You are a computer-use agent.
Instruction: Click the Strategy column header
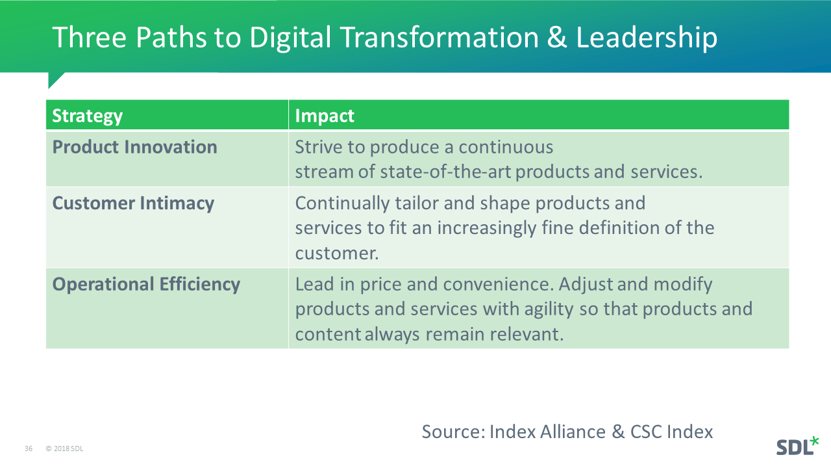(87, 116)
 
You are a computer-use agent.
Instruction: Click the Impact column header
(325, 116)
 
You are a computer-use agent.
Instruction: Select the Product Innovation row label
(134, 147)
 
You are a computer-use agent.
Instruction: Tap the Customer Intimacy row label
(133, 203)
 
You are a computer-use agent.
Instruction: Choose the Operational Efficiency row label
(146, 285)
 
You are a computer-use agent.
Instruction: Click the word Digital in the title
(290, 38)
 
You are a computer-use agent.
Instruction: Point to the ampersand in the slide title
(557, 37)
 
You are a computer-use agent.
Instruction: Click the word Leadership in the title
(647, 38)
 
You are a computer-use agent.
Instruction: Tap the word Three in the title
(90, 37)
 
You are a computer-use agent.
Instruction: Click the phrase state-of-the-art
(445, 172)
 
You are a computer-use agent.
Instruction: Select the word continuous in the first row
(506, 147)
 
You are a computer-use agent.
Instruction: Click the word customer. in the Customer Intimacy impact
(337, 253)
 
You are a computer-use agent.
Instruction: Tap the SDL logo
(797, 446)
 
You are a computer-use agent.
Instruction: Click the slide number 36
(29, 448)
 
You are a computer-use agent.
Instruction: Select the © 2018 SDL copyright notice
(64, 448)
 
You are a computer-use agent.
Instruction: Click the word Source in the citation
(453, 432)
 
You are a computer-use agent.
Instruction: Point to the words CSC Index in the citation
(671, 432)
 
